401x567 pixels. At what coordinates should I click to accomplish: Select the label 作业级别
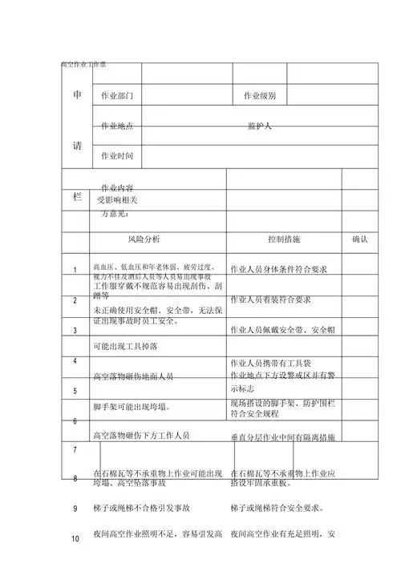pyautogui.click(x=260, y=96)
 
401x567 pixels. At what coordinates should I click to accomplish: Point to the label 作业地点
pyautogui.click(x=116, y=126)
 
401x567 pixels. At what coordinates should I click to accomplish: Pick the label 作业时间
pyautogui.click(x=116, y=155)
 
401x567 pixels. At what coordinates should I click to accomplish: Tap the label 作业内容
pyautogui.click(x=116, y=187)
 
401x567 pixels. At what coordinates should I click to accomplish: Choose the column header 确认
pyautogui.click(x=359, y=239)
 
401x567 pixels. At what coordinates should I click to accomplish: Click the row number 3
pyautogui.click(x=75, y=329)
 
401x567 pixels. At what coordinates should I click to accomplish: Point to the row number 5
pyautogui.click(x=75, y=391)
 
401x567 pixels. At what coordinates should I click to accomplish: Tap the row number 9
pyautogui.click(x=75, y=508)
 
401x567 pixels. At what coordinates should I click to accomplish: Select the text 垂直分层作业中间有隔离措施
pyautogui.click(x=283, y=438)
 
